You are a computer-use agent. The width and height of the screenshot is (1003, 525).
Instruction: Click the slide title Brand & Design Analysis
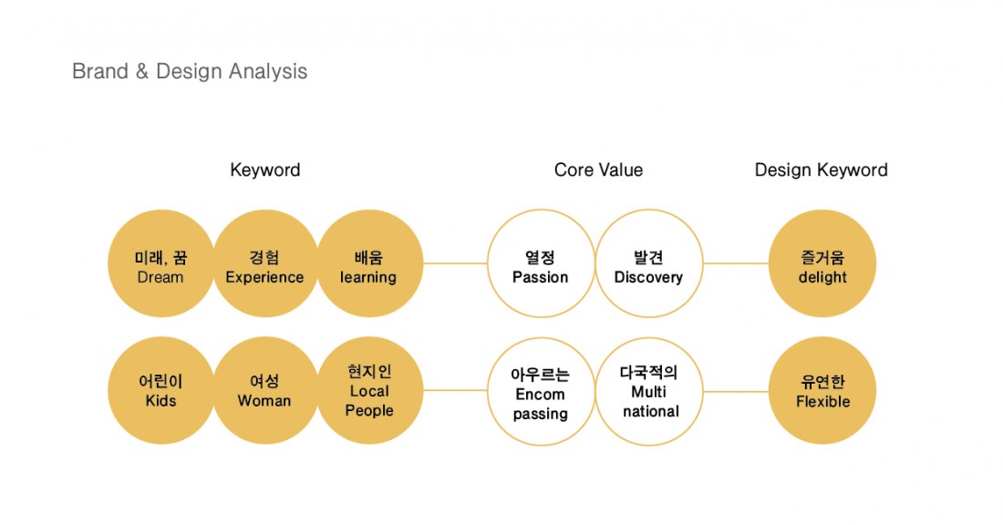[190, 71]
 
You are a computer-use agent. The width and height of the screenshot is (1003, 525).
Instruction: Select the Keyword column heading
[264, 170]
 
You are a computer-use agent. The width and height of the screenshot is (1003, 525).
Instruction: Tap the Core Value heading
[598, 170]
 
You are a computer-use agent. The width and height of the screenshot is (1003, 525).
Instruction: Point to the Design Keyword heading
[821, 170]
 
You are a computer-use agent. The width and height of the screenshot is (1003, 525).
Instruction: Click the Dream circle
[160, 264]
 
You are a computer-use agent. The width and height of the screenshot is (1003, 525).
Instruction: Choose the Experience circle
[264, 264]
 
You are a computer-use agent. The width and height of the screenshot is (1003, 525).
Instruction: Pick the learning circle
[369, 264]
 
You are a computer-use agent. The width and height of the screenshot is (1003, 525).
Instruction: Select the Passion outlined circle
[541, 264]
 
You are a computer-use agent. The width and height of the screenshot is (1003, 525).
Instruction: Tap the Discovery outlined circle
[648, 264]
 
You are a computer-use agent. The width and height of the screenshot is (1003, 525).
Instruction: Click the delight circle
[822, 264]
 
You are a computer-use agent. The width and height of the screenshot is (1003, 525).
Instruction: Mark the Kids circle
[160, 391]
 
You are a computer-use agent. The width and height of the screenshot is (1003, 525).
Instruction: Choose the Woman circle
[264, 391]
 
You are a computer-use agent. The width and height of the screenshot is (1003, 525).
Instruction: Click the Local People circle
[369, 391]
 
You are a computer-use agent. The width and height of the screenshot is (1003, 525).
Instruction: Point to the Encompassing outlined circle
[541, 392]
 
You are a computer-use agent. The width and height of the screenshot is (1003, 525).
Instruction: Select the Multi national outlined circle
[648, 392]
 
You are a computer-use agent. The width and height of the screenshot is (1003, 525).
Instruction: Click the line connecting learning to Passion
[455, 264]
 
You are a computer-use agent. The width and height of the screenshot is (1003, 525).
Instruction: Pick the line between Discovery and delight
[736, 264]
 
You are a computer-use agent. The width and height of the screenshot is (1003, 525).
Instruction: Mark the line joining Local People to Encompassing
[455, 391]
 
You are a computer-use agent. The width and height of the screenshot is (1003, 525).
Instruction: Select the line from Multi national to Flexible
[736, 392]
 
